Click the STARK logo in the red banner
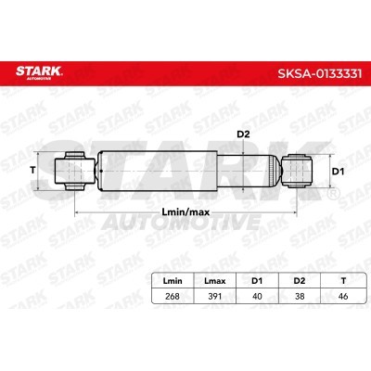[39, 72]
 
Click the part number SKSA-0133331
[320, 73]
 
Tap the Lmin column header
[173, 281]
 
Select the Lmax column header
[215, 281]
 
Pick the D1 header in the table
[257, 281]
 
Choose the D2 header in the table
[300, 281]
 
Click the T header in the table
[343, 281]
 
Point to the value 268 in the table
[173, 296]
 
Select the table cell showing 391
[215, 296]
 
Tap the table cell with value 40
[257, 296]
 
